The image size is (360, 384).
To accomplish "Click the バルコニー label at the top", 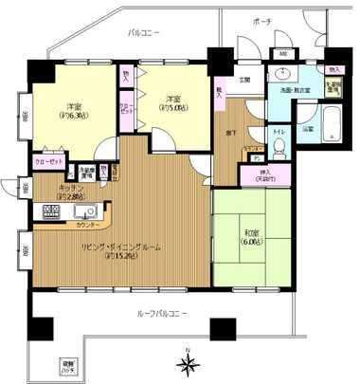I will (144, 33).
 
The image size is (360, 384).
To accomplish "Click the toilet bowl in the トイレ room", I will (279, 147).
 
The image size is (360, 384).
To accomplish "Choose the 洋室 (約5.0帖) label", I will (171, 101).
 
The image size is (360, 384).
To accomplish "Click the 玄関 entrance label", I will (243, 80).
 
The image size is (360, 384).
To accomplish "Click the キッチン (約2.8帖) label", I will (74, 192).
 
